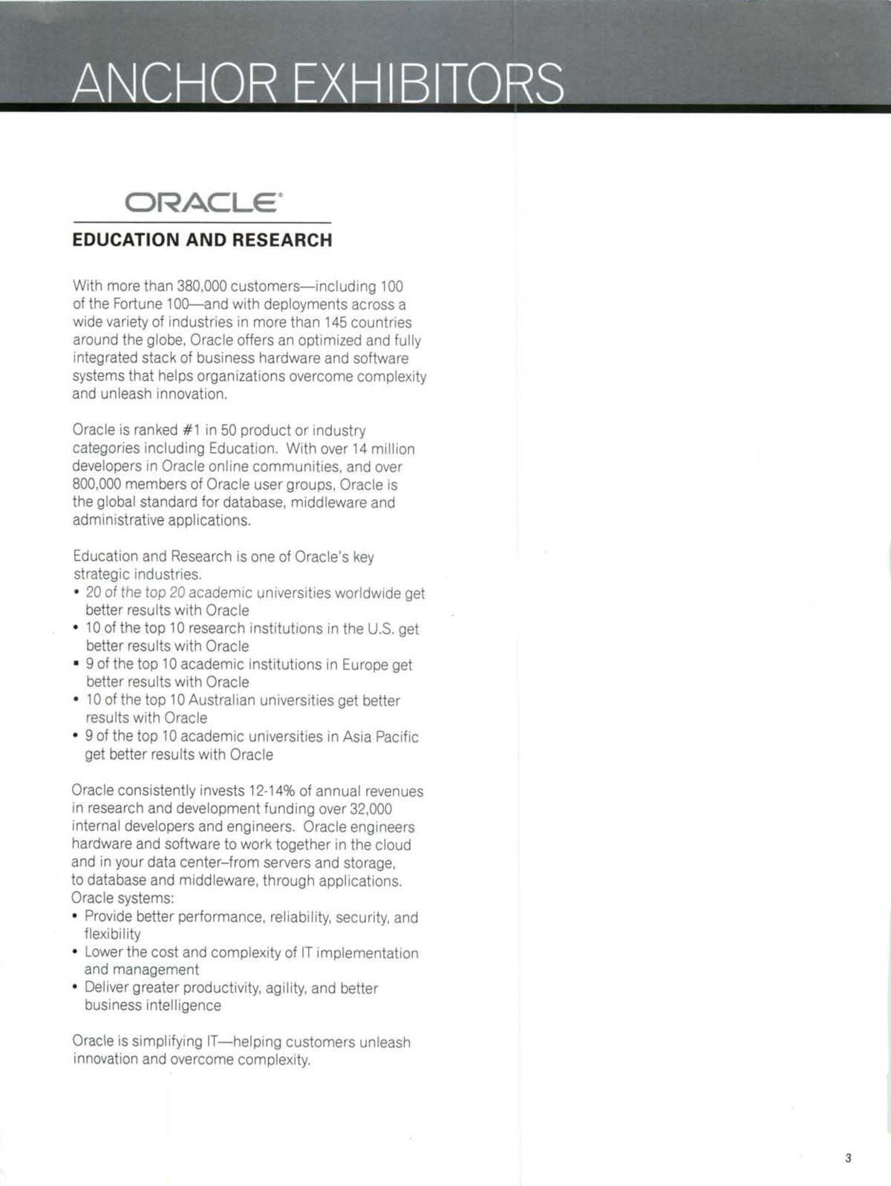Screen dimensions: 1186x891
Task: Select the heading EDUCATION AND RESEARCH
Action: [x=202, y=240]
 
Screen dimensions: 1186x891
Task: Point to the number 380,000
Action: [x=201, y=286]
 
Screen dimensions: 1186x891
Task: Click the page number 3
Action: [x=848, y=1158]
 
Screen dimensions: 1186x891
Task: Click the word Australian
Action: [x=222, y=700]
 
